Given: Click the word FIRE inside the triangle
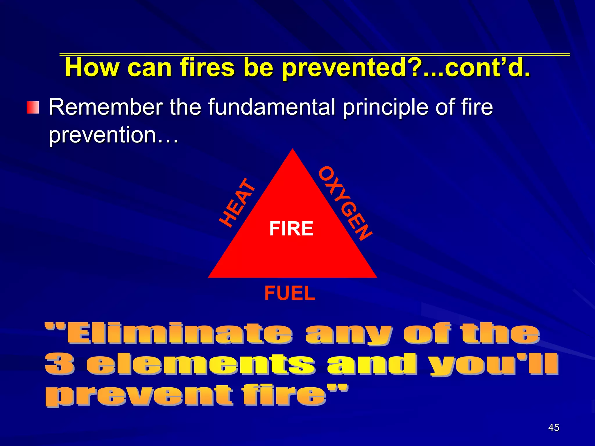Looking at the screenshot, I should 291,229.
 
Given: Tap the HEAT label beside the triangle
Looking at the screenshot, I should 237,202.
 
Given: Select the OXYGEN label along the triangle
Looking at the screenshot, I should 345,204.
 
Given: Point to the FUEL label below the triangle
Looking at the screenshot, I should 290,293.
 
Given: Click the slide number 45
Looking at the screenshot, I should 553,427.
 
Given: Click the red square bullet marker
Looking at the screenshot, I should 33,108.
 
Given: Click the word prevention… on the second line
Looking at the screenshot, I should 113,135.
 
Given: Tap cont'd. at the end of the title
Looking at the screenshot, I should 488,68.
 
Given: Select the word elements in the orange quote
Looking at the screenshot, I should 200,364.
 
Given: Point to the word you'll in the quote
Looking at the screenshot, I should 494,364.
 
